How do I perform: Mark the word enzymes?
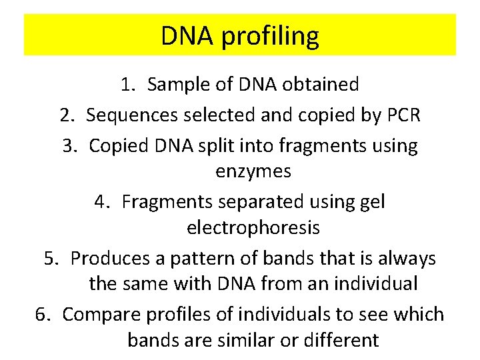pyautogui.click(x=253, y=171)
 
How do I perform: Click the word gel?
pyautogui.click(x=371, y=201)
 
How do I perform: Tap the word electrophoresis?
pyautogui.click(x=253, y=227)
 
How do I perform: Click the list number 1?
pyautogui.click(x=127, y=85)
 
